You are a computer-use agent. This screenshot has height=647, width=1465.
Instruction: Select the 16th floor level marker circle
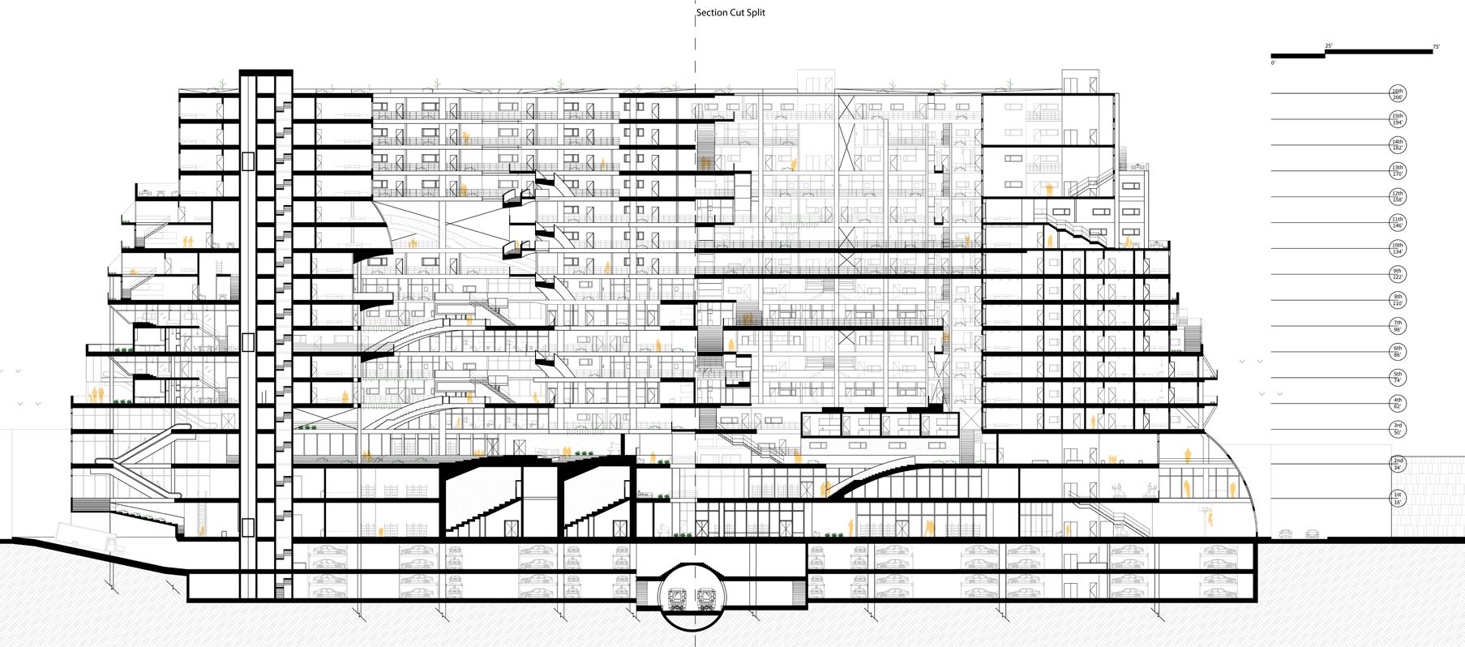click(1397, 93)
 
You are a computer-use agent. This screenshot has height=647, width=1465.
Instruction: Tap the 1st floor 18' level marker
click(1397, 498)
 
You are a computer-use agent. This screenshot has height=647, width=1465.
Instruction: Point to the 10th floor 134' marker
click(1397, 248)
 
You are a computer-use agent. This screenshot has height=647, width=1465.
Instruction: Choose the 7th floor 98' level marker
click(1397, 326)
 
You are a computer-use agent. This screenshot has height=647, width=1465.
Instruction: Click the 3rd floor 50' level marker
click(1397, 429)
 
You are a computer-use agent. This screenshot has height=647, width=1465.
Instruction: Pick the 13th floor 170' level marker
click(1397, 170)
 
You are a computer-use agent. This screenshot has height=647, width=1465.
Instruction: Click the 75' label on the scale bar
click(1436, 48)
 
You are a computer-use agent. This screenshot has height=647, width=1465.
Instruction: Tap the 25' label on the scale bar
click(1328, 45)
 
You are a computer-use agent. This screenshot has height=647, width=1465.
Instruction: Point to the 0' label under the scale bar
click(1274, 62)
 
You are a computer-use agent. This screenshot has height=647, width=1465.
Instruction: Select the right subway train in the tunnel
click(705, 599)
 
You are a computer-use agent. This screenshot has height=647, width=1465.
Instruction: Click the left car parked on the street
click(1285, 533)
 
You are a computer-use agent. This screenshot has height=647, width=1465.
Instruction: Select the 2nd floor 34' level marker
click(1397, 464)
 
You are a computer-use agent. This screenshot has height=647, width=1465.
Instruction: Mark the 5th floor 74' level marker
click(1397, 378)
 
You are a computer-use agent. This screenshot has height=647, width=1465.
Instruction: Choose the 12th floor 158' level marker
click(1397, 196)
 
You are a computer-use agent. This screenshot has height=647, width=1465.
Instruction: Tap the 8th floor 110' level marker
click(1397, 300)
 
